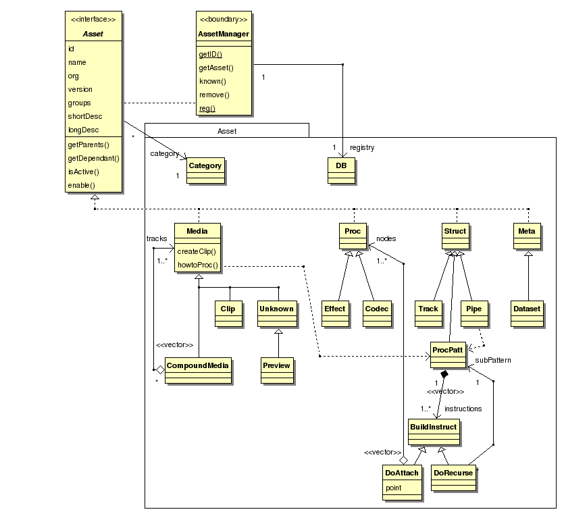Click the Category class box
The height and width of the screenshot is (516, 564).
(205, 171)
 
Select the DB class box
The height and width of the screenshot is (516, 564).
(342, 171)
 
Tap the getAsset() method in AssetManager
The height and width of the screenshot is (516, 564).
(216, 68)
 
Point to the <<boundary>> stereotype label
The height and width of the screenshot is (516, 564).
(224, 19)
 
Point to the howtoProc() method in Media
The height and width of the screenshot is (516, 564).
(198, 265)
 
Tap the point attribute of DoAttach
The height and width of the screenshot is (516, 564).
(394, 488)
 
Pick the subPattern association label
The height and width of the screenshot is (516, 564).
(493, 360)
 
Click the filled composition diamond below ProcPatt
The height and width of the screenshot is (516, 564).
(444, 373)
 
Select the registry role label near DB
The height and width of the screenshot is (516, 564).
(362, 147)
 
